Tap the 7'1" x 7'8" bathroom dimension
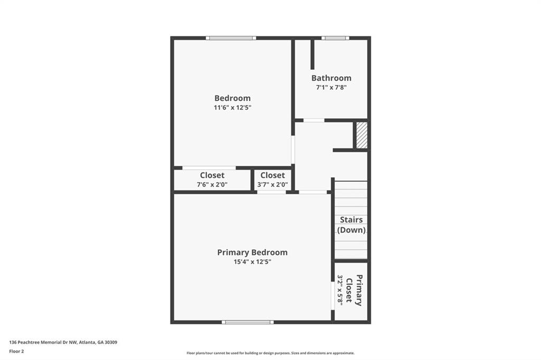coord(331,87)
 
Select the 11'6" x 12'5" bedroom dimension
coord(232,107)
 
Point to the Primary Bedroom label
coord(252,252)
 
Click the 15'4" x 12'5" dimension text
coord(252,262)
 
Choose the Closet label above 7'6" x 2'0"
coord(212,175)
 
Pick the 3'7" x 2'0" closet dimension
coord(273,184)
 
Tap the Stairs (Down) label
coord(351,225)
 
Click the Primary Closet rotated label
coord(355,290)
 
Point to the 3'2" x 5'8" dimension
coord(340,290)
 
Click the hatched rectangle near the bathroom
coord(361,135)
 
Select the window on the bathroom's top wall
coord(335,38)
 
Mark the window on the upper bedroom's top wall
coord(231,38)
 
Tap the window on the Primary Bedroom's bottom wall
coord(248,322)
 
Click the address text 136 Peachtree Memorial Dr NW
coord(43,343)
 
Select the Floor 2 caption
coord(16,352)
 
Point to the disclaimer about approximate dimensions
coord(270,353)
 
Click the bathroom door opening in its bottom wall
coord(314,120)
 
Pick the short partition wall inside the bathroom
coord(313,54)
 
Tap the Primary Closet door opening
coord(333,296)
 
